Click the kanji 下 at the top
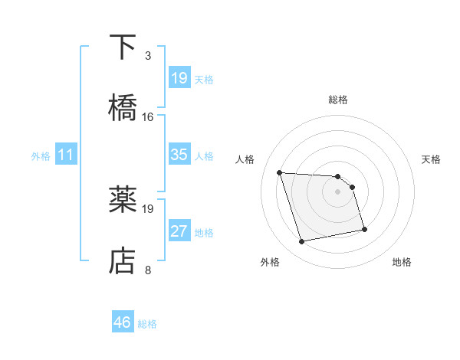point(123,47)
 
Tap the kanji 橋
point(123,107)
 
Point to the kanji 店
point(123,260)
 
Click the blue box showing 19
point(179,77)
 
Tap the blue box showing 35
point(179,155)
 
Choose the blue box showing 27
point(179,231)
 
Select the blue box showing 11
point(66,155)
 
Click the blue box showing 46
point(123,322)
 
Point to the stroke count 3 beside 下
point(147,56)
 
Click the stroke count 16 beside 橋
point(147,117)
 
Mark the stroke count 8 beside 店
point(147,270)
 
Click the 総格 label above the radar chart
point(338,100)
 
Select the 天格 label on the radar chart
point(432,159)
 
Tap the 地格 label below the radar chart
point(402,262)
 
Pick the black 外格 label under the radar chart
point(270,262)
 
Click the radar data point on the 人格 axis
point(280,172)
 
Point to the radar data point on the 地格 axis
point(364,228)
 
